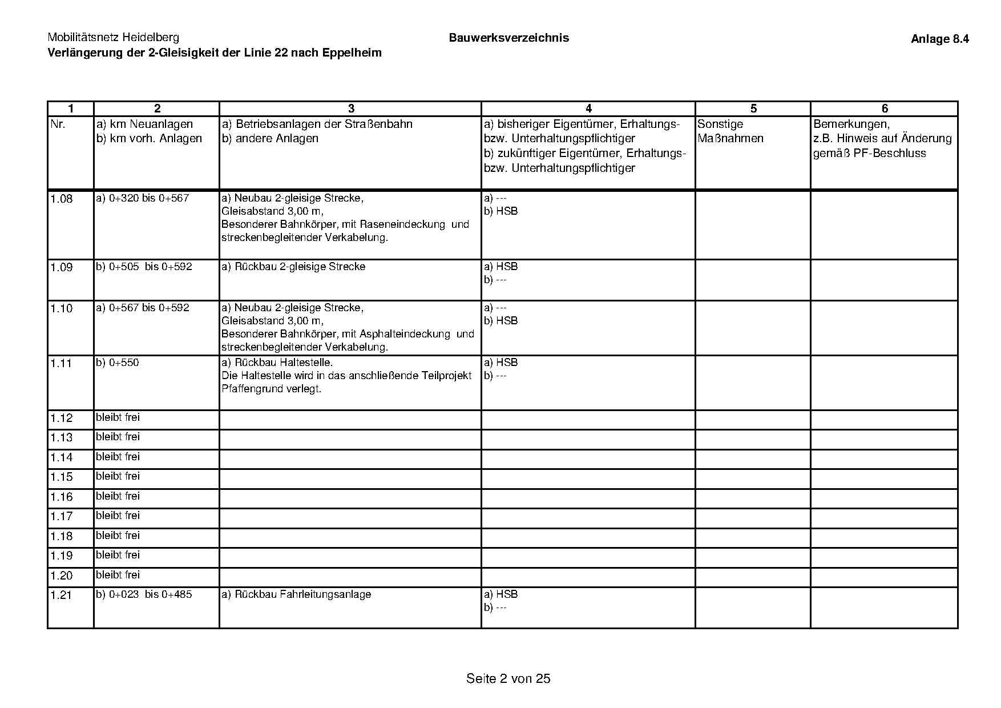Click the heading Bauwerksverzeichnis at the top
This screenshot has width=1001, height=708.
pyautogui.click(x=508, y=38)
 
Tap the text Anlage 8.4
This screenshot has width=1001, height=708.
pyautogui.click(x=939, y=39)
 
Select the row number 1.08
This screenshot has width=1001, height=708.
pyautogui.click(x=62, y=199)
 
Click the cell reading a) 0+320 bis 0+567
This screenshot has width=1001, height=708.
pyautogui.click(x=143, y=199)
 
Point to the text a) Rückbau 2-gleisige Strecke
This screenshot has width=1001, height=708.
pyautogui.click(x=293, y=267)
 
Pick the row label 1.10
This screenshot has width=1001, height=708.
pyautogui.click(x=62, y=309)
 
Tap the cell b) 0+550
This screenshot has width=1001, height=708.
pyautogui.click(x=118, y=363)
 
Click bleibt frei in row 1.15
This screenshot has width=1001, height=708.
pyautogui.click(x=118, y=476)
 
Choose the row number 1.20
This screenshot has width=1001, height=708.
pyautogui.click(x=62, y=576)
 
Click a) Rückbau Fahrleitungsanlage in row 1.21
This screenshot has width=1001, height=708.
pyautogui.click(x=296, y=594)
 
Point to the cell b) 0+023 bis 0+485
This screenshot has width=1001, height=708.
pyautogui.click(x=144, y=594)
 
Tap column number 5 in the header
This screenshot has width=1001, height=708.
pyautogui.click(x=753, y=108)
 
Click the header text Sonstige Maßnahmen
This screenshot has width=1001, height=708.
pyautogui.click(x=730, y=131)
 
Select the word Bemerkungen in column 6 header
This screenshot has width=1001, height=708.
pyautogui.click(x=851, y=124)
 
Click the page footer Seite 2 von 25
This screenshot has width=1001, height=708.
pyautogui.click(x=508, y=678)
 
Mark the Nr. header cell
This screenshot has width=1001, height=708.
pyautogui.click(x=58, y=124)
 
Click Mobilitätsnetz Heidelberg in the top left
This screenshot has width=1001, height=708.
pyautogui.click(x=113, y=38)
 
